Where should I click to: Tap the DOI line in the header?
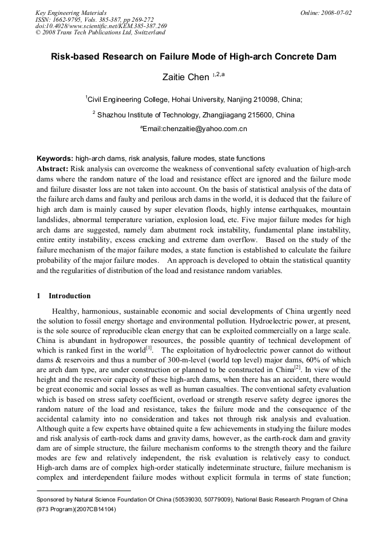(101, 26)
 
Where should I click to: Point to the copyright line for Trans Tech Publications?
(100, 33)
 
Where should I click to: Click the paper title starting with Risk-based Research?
(193, 57)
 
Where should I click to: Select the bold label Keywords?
(55, 158)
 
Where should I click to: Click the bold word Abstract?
(53, 169)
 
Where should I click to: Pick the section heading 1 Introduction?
(64, 296)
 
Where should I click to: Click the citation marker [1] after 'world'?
(149, 347)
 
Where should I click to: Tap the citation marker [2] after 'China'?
(297, 368)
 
